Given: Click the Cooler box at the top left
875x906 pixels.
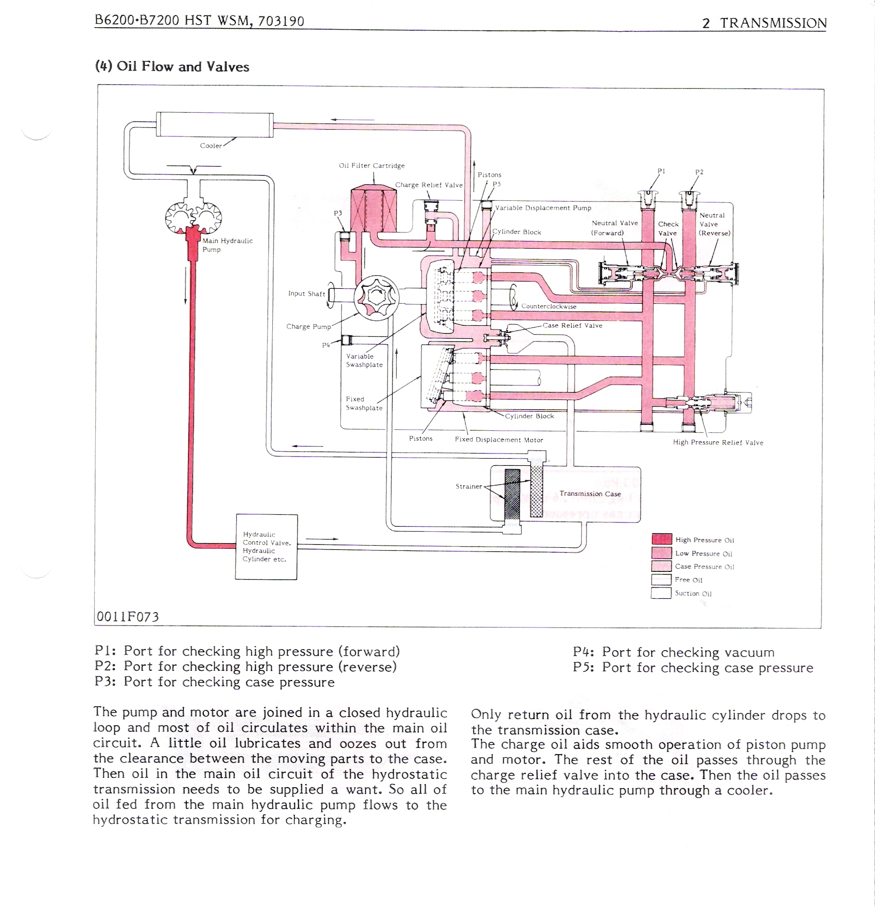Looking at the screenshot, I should coord(214,125).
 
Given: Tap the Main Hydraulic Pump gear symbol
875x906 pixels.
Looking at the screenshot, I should coord(194,218).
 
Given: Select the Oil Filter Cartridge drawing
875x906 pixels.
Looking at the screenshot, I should coord(373,208).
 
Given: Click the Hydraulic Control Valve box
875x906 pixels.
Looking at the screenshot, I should coord(266,547).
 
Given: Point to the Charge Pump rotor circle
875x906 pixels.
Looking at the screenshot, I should coord(376,299).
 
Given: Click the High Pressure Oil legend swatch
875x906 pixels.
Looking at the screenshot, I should coord(661,539).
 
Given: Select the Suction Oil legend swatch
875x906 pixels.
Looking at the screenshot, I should coord(661,593).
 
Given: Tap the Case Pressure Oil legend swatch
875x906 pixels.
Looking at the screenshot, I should coord(661,566).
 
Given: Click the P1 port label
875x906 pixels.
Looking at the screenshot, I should coord(661,171).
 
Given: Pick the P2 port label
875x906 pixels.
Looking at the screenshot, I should coord(699,172).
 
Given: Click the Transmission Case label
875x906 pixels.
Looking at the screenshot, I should coord(590,494).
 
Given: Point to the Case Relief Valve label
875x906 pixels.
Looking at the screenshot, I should coord(572,325).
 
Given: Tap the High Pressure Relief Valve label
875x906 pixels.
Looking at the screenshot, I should coord(718,443).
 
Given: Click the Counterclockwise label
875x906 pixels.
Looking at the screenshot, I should coord(549,306).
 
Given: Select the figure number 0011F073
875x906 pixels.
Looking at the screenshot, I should coord(128,617).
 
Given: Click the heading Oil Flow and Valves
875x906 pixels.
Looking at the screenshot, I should coord(172,67).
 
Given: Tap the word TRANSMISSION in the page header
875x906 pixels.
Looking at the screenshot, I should coord(773,23).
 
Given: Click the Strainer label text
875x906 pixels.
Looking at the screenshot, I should coord(468,486).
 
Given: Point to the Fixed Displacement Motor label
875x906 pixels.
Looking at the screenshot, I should coord(499,440).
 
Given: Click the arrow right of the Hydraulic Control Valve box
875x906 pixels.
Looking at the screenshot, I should coord(322,539).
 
